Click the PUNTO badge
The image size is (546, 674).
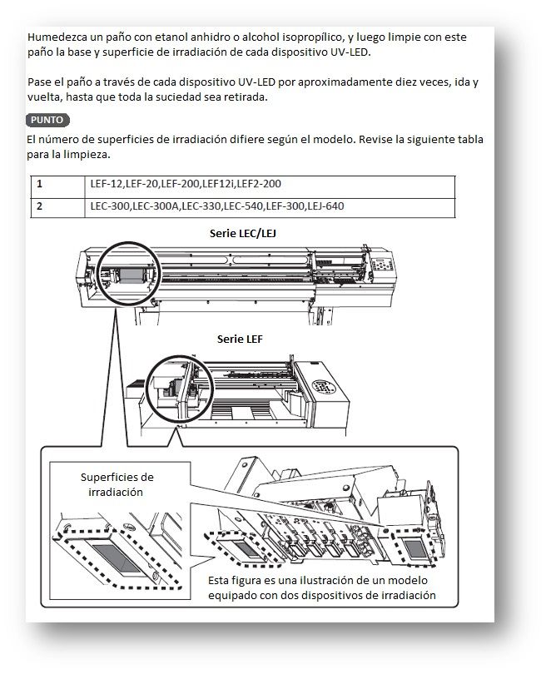47,120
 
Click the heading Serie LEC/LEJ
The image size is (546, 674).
243,233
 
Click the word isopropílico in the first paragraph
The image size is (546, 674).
315,37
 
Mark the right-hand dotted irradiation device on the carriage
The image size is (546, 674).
415,548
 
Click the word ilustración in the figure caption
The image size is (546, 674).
321,580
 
